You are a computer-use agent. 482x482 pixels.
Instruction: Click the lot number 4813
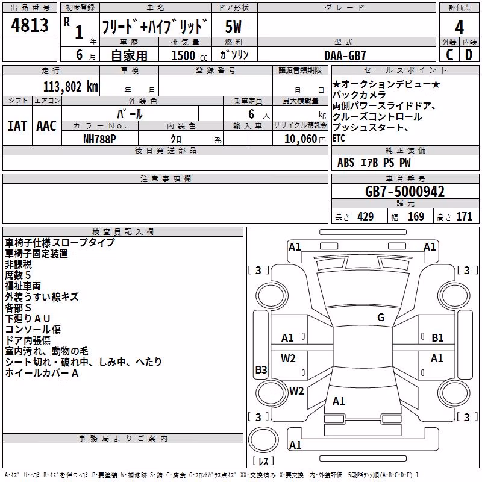click(30, 25)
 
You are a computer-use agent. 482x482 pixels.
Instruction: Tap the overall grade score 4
click(459, 27)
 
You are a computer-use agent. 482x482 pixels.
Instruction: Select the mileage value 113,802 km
click(70, 87)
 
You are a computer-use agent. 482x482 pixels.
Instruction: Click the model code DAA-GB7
click(345, 55)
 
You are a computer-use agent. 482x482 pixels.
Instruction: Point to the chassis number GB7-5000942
click(404, 192)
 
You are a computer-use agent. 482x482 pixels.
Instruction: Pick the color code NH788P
click(99, 139)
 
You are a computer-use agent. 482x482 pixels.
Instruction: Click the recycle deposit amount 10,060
click(301, 139)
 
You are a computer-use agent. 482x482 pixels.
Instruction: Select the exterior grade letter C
click(449, 55)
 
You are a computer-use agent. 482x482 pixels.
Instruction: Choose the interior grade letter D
click(469, 55)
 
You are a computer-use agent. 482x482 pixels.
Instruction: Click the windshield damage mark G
click(381, 318)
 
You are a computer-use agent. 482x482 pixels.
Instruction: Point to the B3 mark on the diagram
click(261, 369)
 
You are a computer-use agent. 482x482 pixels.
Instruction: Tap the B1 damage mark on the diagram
click(437, 338)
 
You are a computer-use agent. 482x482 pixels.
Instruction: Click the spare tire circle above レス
click(263, 440)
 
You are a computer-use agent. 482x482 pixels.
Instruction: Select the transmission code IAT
click(17, 126)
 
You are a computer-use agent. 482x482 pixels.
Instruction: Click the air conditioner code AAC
click(46, 126)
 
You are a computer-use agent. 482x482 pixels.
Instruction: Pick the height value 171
click(464, 216)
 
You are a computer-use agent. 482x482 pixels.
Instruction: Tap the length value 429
click(366, 216)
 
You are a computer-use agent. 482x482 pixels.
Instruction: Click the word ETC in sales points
click(339, 139)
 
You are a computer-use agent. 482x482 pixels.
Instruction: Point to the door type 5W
click(233, 27)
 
